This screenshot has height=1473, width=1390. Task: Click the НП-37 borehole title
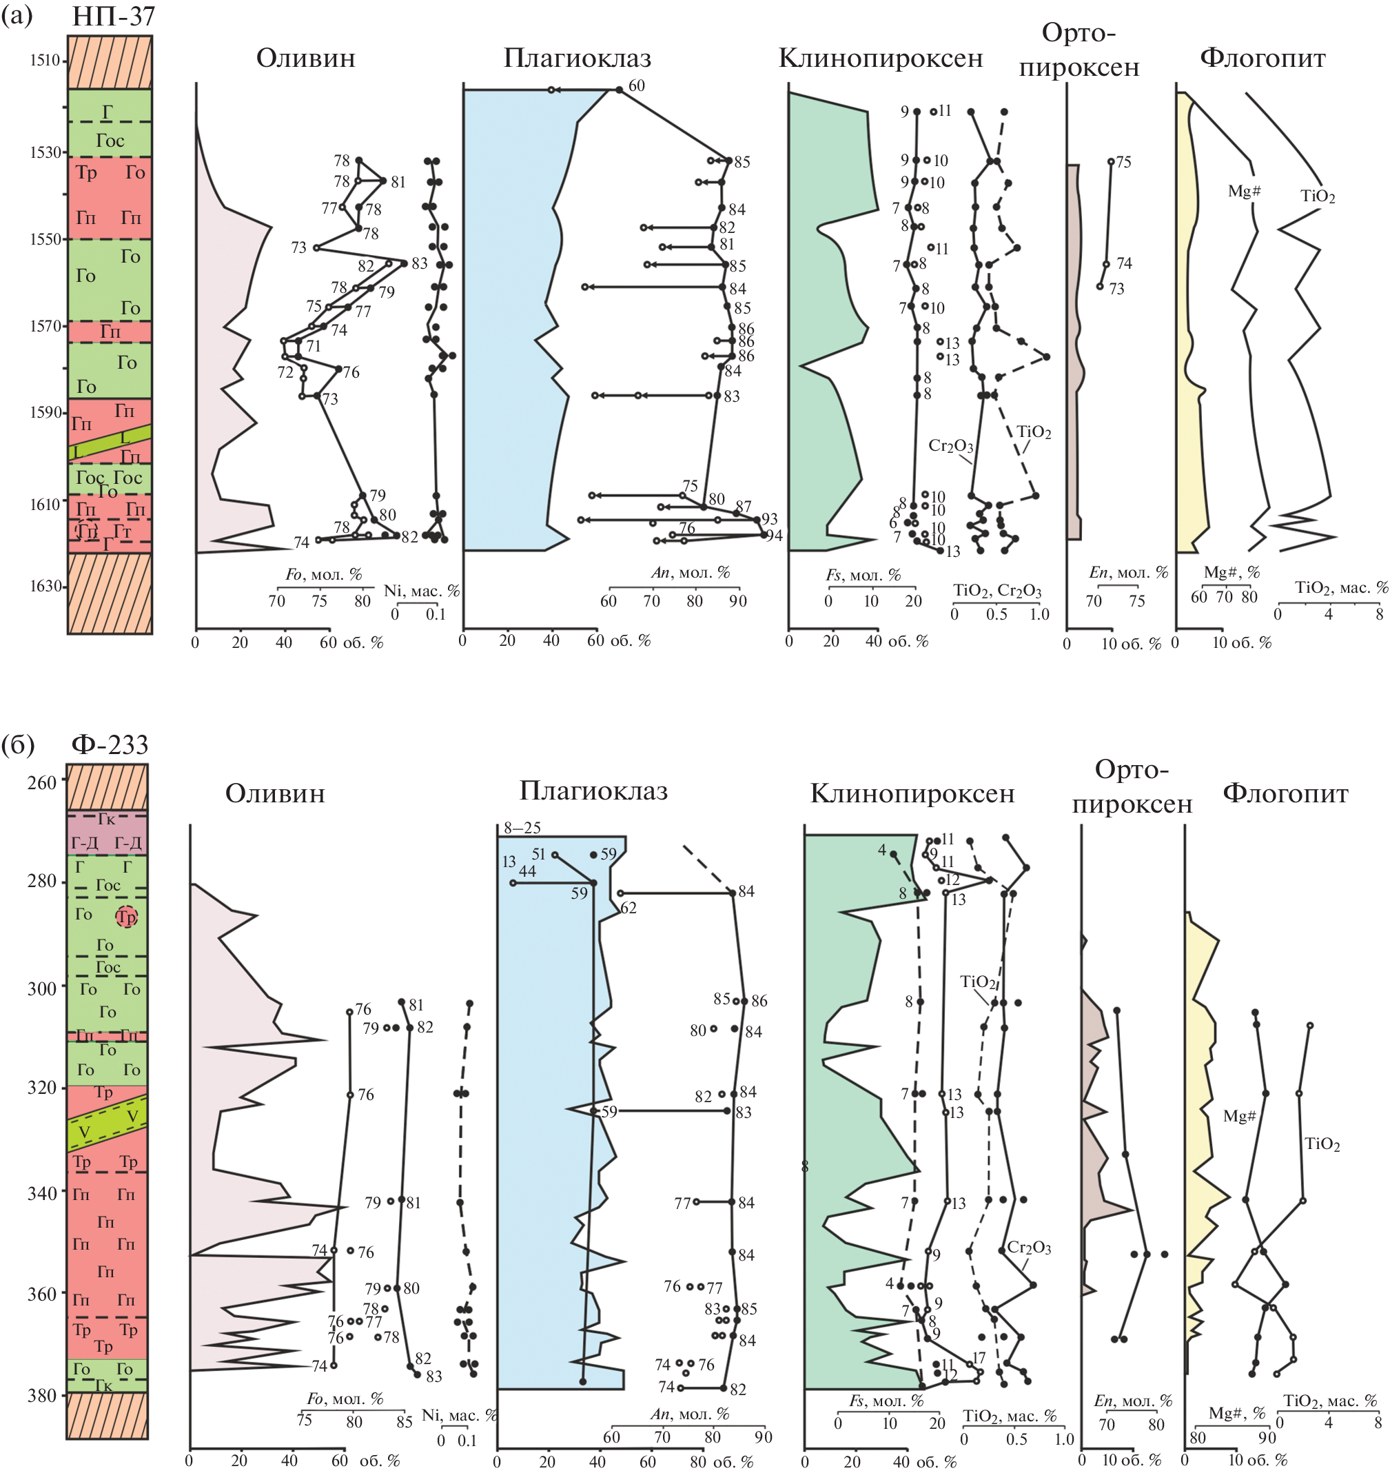pos(113,16)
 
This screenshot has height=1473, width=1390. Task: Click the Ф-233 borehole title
pos(110,744)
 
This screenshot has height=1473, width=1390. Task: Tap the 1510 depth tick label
pos(45,61)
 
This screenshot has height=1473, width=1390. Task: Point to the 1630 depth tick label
pos(45,586)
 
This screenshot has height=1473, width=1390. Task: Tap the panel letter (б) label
pos(19,744)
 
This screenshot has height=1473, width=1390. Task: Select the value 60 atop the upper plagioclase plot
pos(637,86)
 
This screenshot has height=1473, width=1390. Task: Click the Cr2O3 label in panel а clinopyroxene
pos(950,446)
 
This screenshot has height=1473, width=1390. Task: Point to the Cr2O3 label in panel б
pos(1028,1248)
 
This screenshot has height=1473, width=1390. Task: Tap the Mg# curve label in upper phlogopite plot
pos(1244,191)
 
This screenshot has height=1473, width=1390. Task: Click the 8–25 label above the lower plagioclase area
pos(522,828)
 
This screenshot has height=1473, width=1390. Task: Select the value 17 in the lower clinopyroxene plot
pos(979,1358)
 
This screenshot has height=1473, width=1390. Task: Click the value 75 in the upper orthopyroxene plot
pos(1123,162)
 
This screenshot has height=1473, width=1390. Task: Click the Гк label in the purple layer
pos(107,819)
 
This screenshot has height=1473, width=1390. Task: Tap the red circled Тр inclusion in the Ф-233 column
pos(127,917)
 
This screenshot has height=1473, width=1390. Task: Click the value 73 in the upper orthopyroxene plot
pos(1116,289)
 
